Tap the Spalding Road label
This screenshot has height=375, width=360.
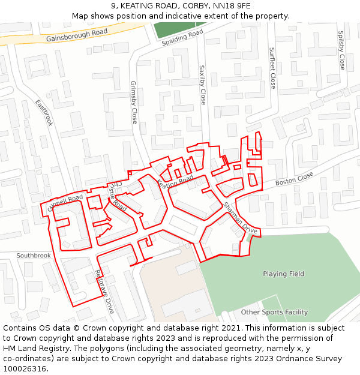(x=182, y=37)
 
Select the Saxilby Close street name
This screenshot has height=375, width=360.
(x=202, y=85)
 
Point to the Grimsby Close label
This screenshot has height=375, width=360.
(x=134, y=103)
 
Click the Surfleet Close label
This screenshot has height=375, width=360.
(x=272, y=68)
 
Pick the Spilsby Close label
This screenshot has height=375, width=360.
(x=341, y=50)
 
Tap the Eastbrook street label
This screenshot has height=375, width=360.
(x=44, y=112)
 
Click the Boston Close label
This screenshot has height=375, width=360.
(x=294, y=179)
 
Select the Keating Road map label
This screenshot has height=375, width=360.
(x=175, y=181)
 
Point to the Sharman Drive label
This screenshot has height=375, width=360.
(x=240, y=218)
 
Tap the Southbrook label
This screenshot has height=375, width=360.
(x=34, y=256)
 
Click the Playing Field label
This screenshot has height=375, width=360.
(x=283, y=274)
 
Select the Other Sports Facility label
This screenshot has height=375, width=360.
(x=274, y=312)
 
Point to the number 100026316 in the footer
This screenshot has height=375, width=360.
(x=24, y=369)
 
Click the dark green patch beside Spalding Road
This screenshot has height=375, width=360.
(x=174, y=28)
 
